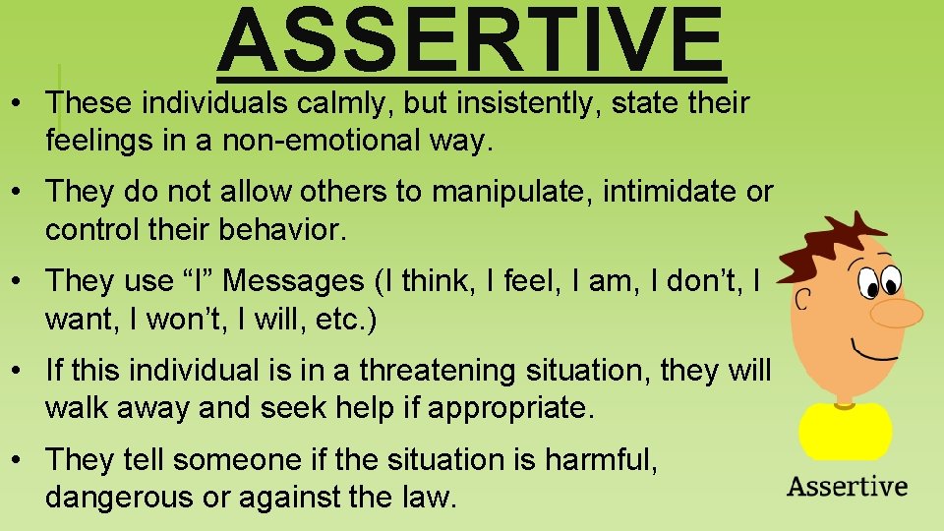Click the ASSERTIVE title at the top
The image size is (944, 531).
[471, 41]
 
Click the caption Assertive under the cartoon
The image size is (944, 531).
[847, 486]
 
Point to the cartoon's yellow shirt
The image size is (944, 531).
[845, 430]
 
